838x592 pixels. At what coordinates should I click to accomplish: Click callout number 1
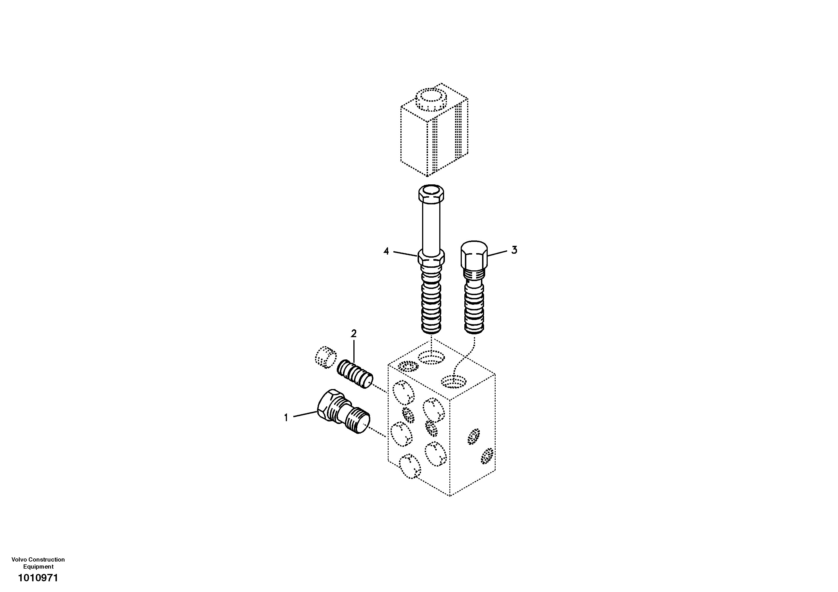pos(286,417)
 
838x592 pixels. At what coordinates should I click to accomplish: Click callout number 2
pos(353,334)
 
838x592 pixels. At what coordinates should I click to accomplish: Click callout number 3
pos(514,250)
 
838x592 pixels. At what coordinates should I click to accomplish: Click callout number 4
pos(386,251)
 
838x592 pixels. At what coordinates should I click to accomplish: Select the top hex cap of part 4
pos(431,194)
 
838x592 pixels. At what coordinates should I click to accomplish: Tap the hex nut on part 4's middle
pos(431,258)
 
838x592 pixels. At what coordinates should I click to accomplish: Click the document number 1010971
pos(38,578)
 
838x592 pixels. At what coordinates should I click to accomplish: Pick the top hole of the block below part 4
pos(431,356)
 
